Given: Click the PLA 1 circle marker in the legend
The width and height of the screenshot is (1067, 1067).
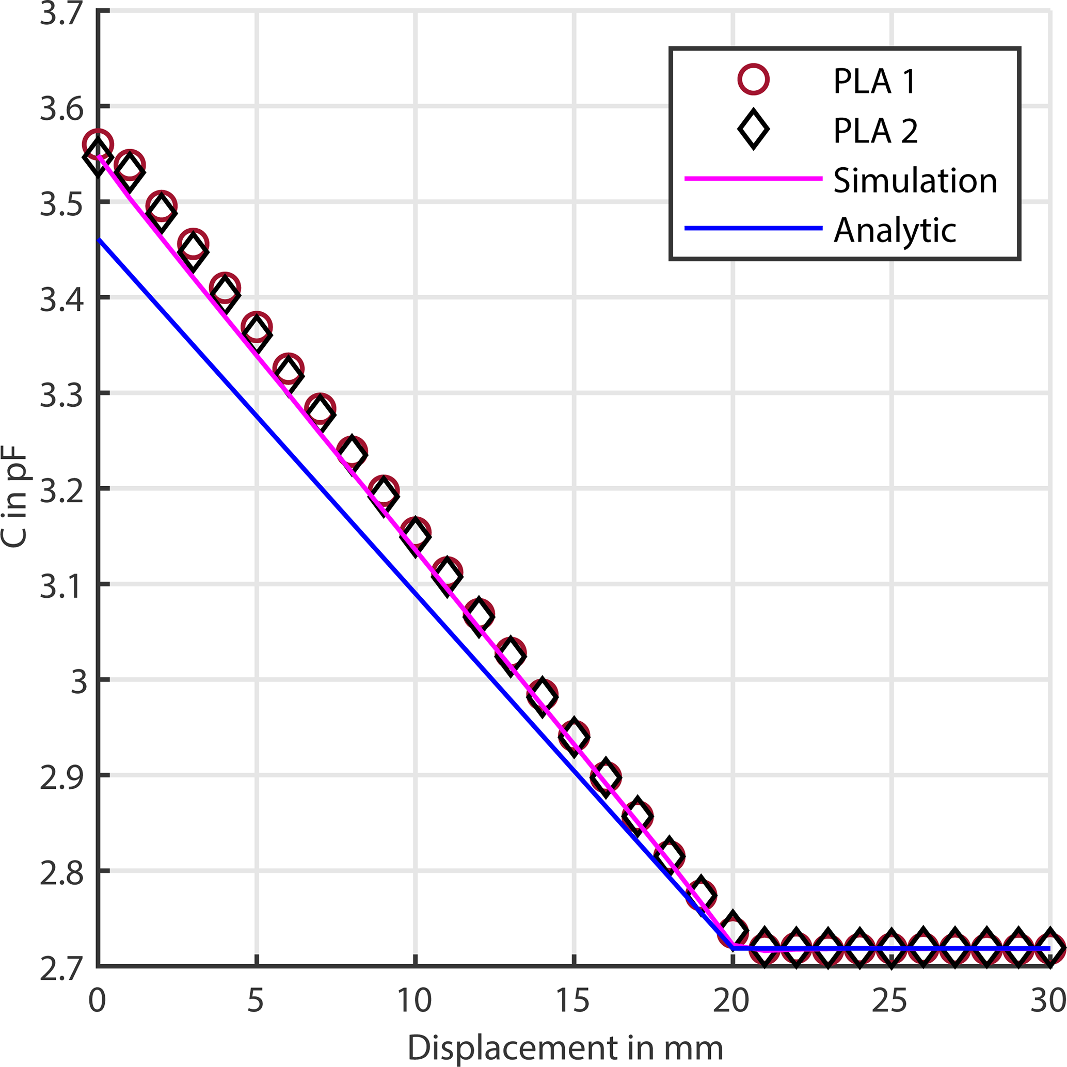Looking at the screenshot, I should click(753, 79).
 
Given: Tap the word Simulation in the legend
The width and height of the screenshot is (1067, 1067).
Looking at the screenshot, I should click(915, 180).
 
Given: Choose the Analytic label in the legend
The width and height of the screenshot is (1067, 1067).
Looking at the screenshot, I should click(895, 230).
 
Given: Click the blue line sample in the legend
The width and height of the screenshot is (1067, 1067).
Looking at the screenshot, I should click(753, 228).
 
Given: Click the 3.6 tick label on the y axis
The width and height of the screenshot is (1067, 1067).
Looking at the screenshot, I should click(61, 108).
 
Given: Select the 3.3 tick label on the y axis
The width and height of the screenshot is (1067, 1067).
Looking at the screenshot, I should click(61, 396).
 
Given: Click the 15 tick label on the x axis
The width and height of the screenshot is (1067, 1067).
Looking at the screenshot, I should click(572, 999).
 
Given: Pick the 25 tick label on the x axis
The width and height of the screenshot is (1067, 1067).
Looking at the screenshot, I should click(890, 999).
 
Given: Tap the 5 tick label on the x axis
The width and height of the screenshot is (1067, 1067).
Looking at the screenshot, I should click(256, 999).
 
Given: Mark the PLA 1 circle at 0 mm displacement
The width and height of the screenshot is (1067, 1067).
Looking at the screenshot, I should click(98, 145).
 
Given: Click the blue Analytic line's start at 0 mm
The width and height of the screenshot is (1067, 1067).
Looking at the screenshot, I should click(98, 240).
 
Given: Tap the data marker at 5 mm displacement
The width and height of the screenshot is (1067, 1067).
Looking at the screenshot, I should click(257, 329).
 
